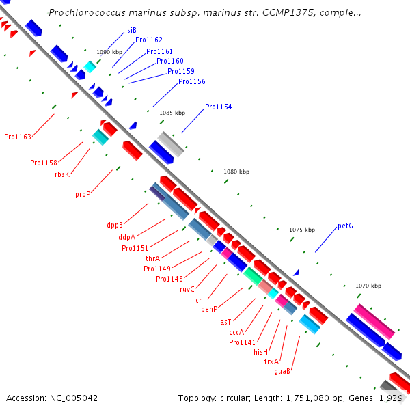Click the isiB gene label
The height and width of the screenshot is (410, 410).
click(x=131, y=30)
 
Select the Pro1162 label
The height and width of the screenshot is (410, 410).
click(x=149, y=40)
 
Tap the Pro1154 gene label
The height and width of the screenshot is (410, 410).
click(x=219, y=107)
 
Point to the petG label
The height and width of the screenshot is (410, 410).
click(x=345, y=225)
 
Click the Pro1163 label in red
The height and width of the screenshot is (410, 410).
click(x=18, y=137)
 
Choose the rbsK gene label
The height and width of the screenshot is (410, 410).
click(x=62, y=174)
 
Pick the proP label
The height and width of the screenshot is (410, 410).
click(x=83, y=195)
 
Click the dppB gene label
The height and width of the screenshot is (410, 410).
click(x=115, y=225)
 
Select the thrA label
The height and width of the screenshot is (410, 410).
click(x=152, y=258)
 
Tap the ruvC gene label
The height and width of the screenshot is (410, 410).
click(x=187, y=289)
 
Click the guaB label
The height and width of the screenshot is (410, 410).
click(x=282, y=371)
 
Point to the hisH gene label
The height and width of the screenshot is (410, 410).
click(x=261, y=352)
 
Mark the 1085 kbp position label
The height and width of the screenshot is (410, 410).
click(x=172, y=113)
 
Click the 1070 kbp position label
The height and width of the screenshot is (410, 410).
click(x=368, y=286)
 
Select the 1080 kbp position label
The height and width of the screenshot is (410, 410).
click(x=236, y=172)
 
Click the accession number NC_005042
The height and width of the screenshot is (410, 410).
click(x=74, y=398)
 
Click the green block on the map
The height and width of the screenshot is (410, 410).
click(x=253, y=276)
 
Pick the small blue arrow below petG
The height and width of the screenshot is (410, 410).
click(x=297, y=273)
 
